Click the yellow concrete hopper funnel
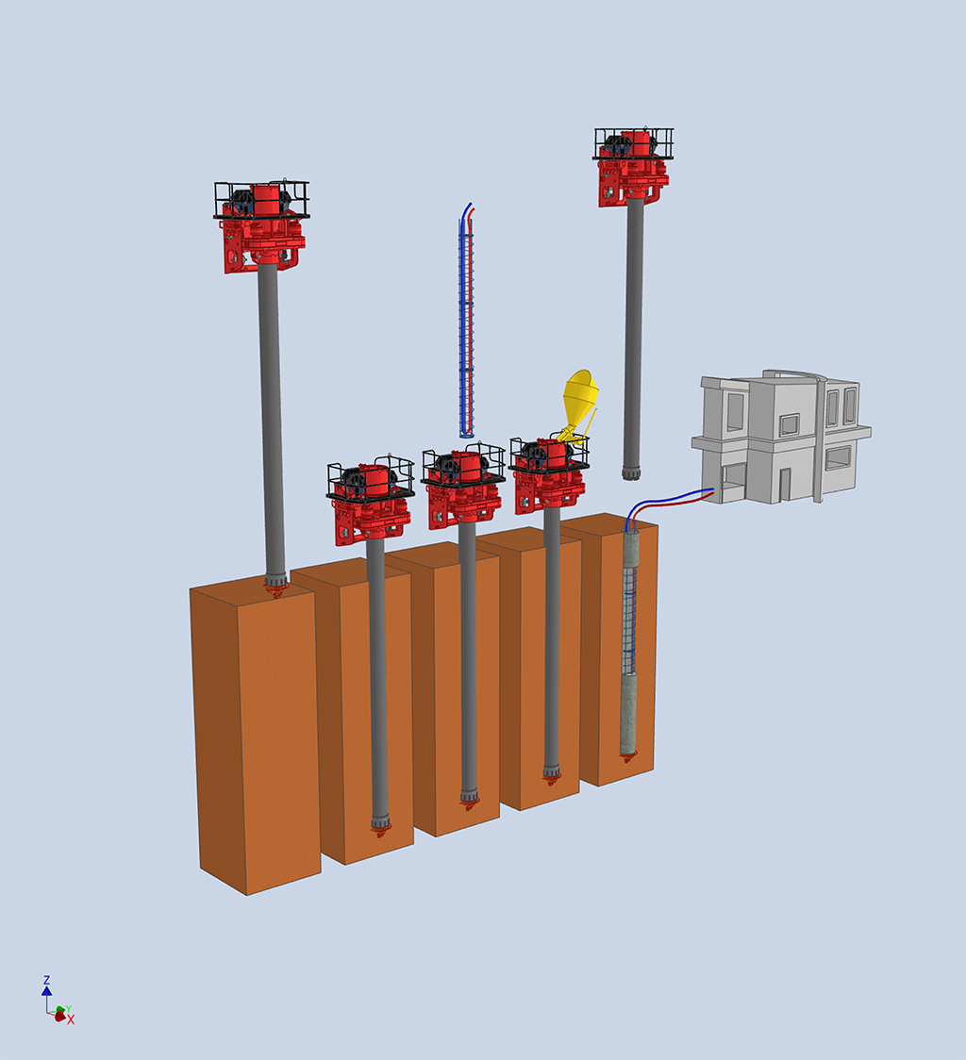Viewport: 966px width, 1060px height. coord(580,399)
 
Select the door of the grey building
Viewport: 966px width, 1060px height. coord(784,484)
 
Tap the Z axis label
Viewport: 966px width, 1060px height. coord(46,980)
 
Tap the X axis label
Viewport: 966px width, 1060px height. coord(71,1020)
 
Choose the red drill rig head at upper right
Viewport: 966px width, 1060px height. coord(633,165)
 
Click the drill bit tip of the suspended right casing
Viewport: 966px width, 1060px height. coord(631,472)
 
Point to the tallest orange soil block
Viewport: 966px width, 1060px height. coord(256,734)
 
